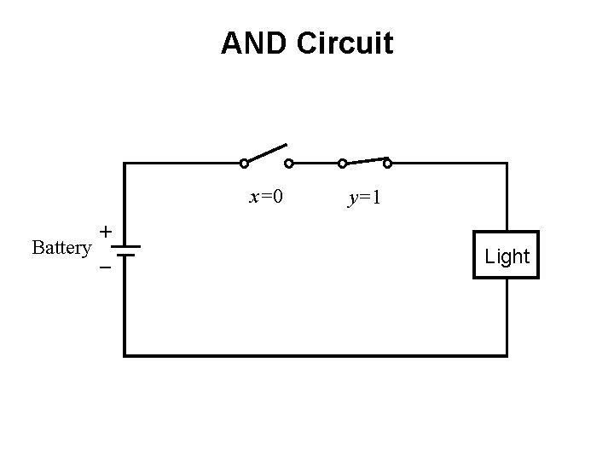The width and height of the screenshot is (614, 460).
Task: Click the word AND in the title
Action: [254, 43]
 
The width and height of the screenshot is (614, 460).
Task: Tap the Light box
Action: [507, 255]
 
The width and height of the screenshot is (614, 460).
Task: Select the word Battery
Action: [61, 248]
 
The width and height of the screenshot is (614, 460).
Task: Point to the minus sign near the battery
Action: [104, 267]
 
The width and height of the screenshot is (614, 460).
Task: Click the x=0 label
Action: [265, 198]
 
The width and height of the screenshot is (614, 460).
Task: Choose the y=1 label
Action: [364, 198]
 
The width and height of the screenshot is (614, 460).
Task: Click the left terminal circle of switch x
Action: [244, 163]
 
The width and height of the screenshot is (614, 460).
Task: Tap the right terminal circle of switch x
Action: [288, 163]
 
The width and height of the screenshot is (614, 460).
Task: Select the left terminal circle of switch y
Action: [342, 163]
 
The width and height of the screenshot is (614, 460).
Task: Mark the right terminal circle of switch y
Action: [387, 163]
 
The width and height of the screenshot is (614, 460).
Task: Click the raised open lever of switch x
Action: [266, 153]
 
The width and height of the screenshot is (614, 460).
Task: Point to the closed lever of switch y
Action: [365, 160]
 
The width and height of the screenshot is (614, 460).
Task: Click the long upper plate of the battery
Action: [125, 247]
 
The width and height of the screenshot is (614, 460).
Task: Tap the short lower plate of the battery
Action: [125, 254]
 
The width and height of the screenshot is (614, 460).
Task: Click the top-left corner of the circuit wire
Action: [125, 163]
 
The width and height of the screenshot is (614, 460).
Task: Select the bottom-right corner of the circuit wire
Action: [507, 354]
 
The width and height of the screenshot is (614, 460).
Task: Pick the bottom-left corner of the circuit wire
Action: [125, 354]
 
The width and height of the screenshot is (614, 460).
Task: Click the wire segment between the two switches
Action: [316, 163]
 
